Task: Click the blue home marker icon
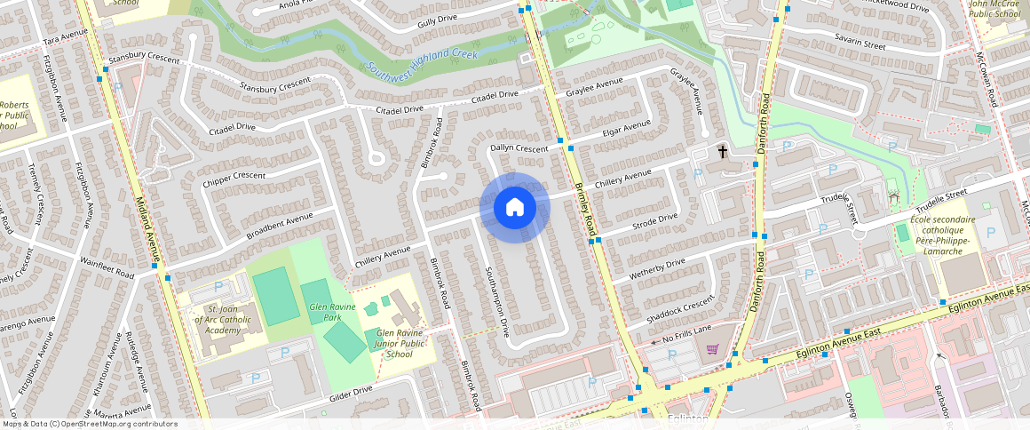point(515,208)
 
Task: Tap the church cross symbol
point(723,152)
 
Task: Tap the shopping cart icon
point(712,348)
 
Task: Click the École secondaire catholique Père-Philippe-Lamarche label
point(942,235)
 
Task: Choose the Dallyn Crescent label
point(519,147)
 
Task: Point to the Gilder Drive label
point(350,391)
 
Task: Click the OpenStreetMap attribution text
point(90,424)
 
